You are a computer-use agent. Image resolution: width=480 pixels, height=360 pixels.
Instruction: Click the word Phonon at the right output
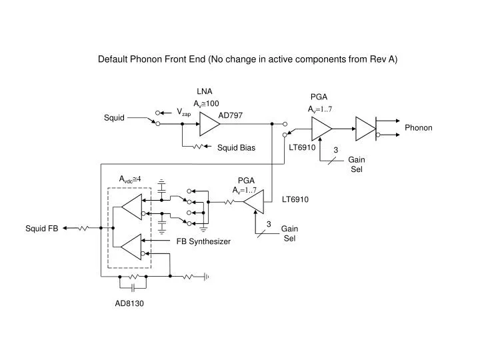pyautogui.click(x=418, y=127)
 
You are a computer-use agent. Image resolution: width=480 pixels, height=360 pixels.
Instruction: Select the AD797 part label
pyautogui.click(x=231, y=115)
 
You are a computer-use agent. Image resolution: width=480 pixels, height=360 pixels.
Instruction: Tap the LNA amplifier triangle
pyautogui.click(x=208, y=123)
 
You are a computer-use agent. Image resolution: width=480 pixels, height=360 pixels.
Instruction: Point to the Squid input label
pyautogui.click(x=114, y=118)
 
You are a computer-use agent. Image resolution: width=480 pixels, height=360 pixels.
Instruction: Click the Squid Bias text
pyautogui.click(x=237, y=147)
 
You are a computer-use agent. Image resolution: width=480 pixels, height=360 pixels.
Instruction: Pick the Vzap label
pyautogui.click(x=183, y=112)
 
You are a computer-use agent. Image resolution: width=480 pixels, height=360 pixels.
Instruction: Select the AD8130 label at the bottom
pyautogui.click(x=129, y=303)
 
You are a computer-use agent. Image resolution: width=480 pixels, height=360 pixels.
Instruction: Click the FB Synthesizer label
pyautogui.click(x=203, y=241)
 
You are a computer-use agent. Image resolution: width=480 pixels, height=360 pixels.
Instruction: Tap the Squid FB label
pyautogui.click(x=42, y=228)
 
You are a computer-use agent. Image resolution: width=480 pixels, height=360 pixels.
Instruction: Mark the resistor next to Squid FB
pyautogui.click(x=83, y=228)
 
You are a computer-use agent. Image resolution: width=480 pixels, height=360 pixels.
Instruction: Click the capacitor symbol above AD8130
pyautogui.click(x=133, y=287)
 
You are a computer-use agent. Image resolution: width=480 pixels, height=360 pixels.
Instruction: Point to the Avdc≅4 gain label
pyautogui.click(x=131, y=179)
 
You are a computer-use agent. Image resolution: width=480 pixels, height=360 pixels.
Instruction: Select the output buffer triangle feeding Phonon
pyautogui.click(x=365, y=129)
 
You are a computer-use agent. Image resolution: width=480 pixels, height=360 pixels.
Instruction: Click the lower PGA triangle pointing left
pyautogui.click(x=255, y=201)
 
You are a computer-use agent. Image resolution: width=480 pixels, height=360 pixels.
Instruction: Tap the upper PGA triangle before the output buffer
pyautogui.click(x=321, y=129)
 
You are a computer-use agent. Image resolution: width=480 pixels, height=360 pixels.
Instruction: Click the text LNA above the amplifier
pyautogui.click(x=204, y=91)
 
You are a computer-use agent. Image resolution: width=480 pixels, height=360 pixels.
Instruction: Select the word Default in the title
pyautogui.click(x=113, y=59)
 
